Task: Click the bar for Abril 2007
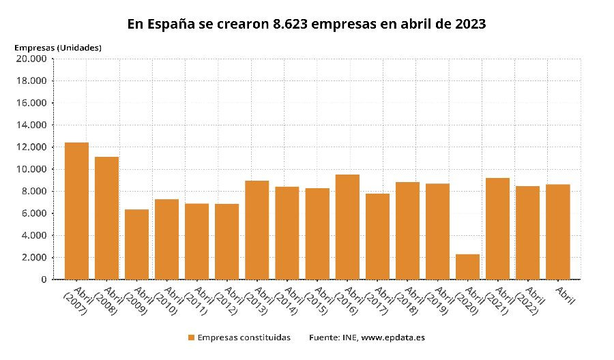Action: tap(76, 211)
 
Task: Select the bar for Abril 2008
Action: tap(106, 218)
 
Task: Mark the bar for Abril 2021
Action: tap(498, 228)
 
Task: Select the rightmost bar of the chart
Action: tap(558, 232)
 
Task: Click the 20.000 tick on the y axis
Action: tap(31, 59)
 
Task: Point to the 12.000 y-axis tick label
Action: tap(31, 147)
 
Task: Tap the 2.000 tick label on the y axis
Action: tap(33, 258)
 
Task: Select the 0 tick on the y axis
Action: tap(44, 280)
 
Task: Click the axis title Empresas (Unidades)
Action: tap(58, 47)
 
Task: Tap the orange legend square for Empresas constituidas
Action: tap(191, 337)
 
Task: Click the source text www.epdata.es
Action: tap(394, 337)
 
